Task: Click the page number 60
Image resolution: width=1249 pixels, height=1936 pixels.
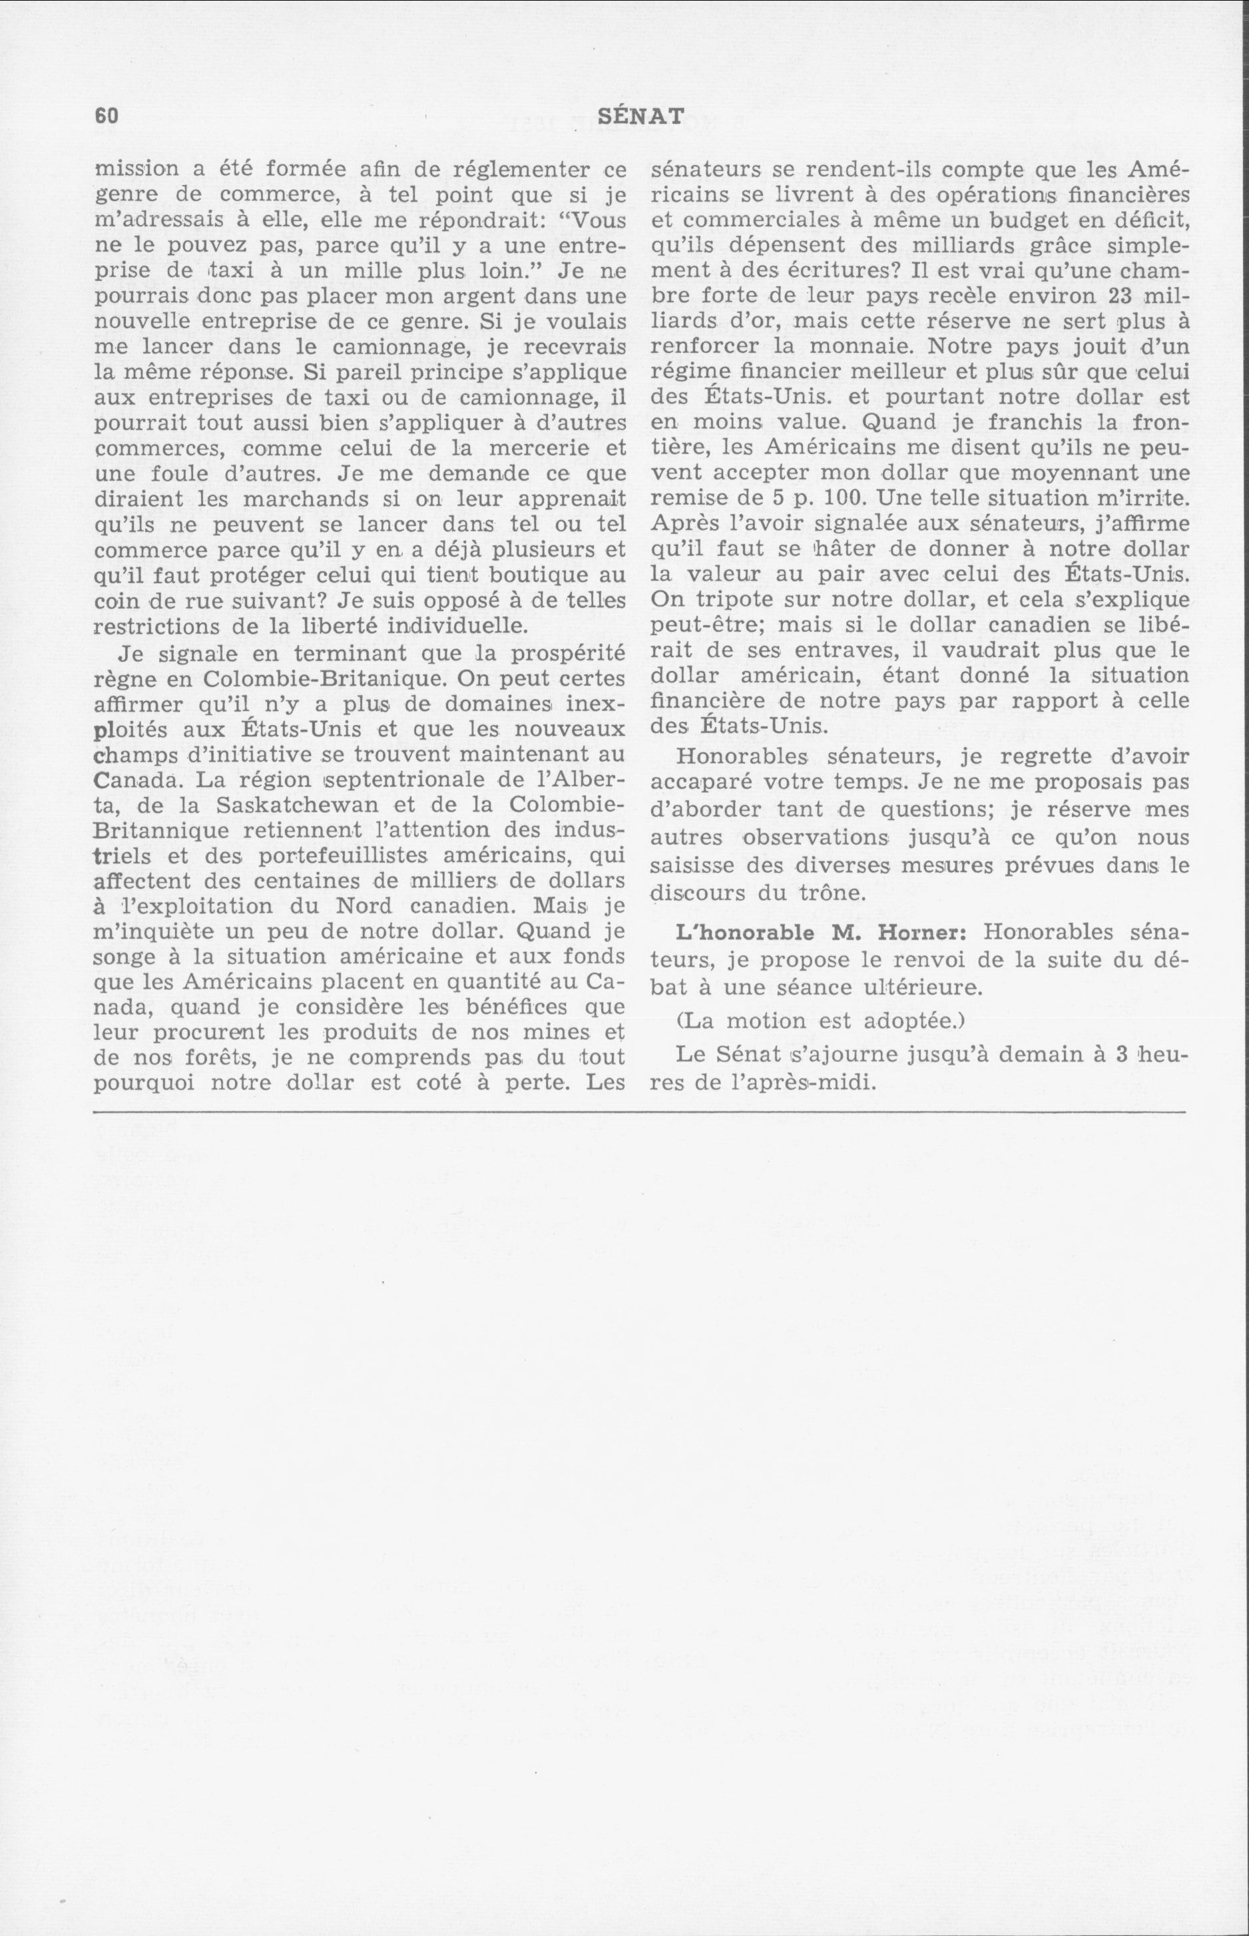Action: [107, 116]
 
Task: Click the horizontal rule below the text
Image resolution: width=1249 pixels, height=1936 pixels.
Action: [639, 1111]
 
